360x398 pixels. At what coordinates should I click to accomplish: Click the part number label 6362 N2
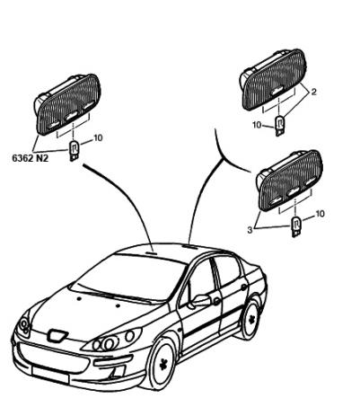30,158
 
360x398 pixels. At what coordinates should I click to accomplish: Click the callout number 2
313,92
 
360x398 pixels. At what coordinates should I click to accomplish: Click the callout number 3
250,230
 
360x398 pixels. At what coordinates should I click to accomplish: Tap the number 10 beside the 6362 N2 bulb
98,137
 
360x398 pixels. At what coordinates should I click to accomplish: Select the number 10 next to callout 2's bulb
257,125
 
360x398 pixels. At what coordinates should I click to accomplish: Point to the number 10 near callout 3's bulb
320,214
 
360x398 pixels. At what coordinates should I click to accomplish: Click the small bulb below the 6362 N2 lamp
74,151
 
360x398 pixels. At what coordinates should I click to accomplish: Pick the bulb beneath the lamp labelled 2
279,126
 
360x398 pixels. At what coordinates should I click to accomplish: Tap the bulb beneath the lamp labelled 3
296,226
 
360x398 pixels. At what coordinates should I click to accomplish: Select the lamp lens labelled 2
274,80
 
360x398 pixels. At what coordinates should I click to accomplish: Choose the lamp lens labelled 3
291,181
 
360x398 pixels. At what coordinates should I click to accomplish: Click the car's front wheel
162,363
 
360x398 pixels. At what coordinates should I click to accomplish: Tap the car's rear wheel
250,319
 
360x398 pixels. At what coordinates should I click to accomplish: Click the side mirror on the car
200,301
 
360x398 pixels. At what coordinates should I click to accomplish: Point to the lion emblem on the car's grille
57,335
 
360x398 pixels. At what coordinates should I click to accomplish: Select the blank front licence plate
50,376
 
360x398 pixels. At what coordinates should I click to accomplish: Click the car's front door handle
216,301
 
